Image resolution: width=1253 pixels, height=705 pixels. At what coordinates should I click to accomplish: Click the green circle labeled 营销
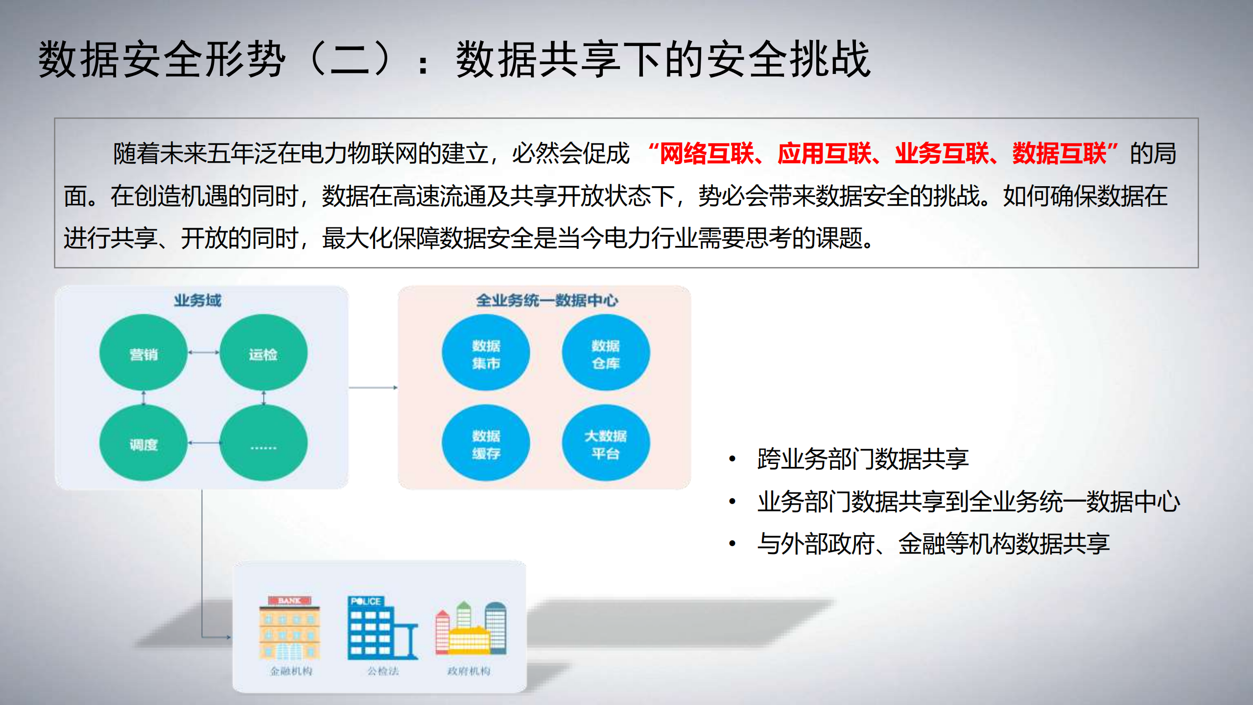pyautogui.click(x=143, y=352)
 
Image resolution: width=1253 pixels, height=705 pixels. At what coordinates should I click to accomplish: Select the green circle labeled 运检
pyautogui.click(x=263, y=352)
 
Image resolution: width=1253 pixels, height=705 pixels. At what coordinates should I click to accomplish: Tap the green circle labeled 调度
pyautogui.click(x=143, y=443)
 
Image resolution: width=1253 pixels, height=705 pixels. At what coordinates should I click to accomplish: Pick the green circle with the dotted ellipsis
pyautogui.click(x=263, y=443)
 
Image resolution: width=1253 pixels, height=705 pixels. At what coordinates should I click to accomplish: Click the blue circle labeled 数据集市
pyautogui.click(x=486, y=353)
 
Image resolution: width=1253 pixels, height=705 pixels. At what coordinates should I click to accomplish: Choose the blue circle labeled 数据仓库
pyautogui.click(x=606, y=353)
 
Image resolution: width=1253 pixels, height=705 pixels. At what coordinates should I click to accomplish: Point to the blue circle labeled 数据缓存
pyautogui.click(x=486, y=443)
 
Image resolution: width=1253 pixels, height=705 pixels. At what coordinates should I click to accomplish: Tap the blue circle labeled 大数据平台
pyautogui.click(x=606, y=443)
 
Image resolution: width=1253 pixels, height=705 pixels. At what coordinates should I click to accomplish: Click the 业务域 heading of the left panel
pyautogui.click(x=198, y=300)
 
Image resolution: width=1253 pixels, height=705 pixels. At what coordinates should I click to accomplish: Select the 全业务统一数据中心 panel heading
pyautogui.click(x=546, y=300)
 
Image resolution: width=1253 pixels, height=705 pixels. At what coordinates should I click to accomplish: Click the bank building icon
pyautogui.click(x=289, y=628)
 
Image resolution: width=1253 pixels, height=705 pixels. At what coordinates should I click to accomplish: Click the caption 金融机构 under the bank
pyautogui.click(x=291, y=671)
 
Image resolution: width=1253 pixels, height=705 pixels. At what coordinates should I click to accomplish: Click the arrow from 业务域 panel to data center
pyautogui.click(x=373, y=388)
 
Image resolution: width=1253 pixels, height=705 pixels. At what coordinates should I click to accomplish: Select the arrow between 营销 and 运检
pyautogui.click(x=203, y=352)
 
